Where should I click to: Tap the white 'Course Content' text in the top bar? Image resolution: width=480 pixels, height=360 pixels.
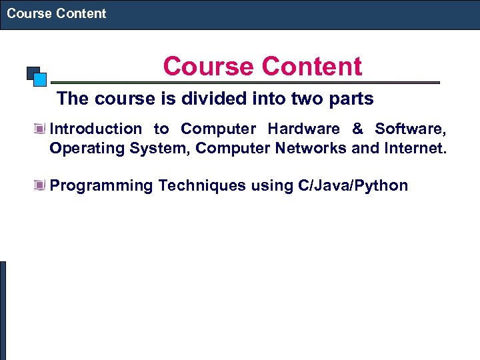57,13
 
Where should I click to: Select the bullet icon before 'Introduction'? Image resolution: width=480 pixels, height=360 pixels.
42,129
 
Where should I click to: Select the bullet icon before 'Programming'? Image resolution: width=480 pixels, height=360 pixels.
42,185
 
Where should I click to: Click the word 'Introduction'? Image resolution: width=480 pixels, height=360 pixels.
96,129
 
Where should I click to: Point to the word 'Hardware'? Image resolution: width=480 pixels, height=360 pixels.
303,129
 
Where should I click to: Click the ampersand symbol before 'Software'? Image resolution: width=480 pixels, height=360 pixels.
357,129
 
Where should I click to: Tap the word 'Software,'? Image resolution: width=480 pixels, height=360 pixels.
411,129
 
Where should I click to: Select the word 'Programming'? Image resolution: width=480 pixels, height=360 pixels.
101,185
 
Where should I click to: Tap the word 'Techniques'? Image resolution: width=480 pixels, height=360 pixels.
202,185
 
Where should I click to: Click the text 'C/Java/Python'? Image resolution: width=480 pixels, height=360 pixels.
353,185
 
